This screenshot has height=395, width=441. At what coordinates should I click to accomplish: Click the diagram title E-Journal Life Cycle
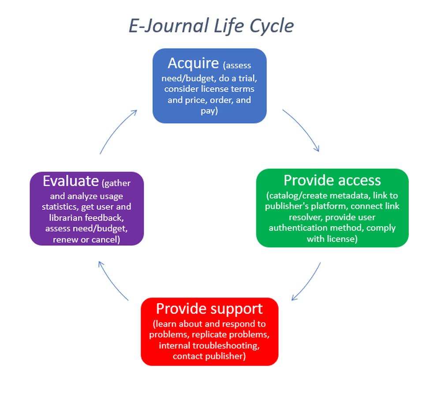(x=211, y=26)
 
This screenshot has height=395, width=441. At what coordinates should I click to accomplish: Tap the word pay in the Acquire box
(x=209, y=111)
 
